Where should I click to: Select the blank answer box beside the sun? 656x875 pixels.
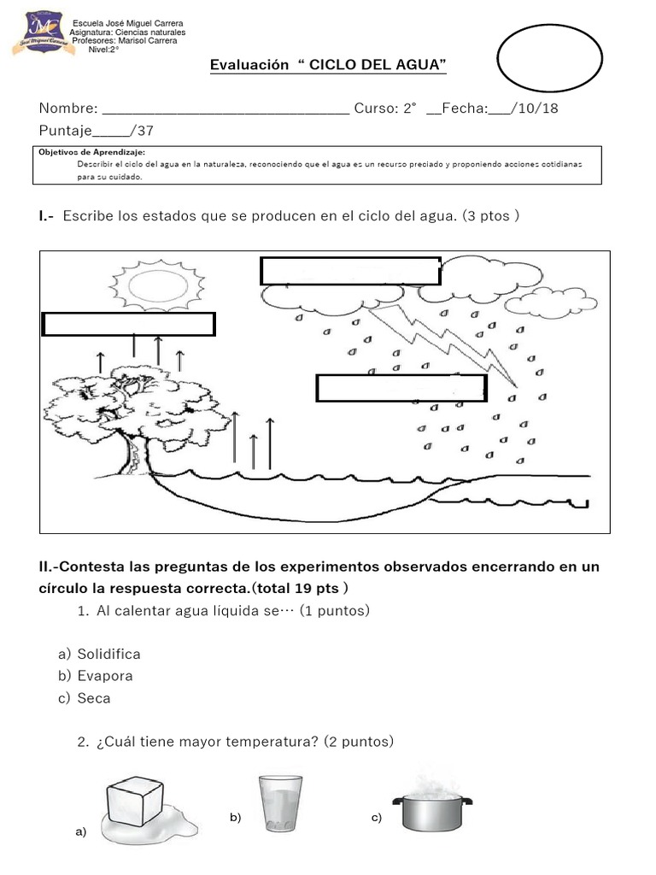pyautogui.click(x=349, y=270)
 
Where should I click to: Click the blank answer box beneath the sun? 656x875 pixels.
pyautogui.click(x=128, y=325)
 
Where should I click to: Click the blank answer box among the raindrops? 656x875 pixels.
pyautogui.click(x=401, y=387)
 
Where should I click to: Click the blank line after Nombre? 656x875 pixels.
pyautogui.click(x=225, y=109)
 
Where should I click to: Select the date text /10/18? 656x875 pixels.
pyautogui.click(x=543, y=109)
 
